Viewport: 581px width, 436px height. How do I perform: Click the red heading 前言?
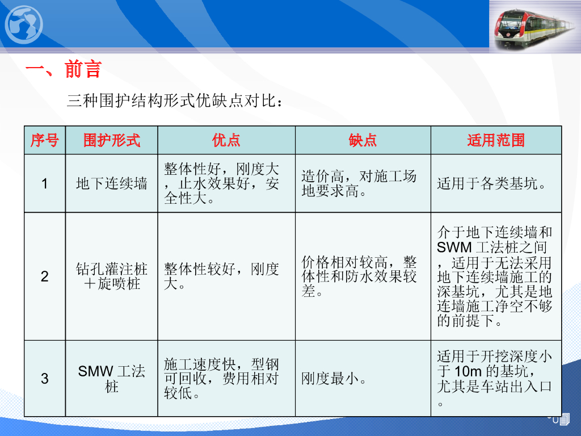coord(83,69)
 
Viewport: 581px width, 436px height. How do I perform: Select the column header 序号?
coord(44,140)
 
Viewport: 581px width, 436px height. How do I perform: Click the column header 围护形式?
coord(112,140)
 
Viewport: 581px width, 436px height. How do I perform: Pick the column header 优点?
coord(226,140)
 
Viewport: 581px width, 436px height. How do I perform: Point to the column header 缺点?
coord(363,140)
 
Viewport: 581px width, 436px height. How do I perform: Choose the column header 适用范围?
coord(496,140)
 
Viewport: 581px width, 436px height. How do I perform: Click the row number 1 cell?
coord(44,183)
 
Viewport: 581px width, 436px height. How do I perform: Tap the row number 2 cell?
coord(44,276)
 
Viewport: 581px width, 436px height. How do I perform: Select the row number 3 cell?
coord(44,379)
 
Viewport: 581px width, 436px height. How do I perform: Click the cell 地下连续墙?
coord(112,183)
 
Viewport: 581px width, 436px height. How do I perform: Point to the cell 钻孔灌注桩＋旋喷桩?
coord(112,276)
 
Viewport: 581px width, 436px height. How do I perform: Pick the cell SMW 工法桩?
coord(112,379)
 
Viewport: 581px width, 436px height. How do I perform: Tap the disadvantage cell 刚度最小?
coord(334,379)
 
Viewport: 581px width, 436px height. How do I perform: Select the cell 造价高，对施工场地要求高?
coord(359,183)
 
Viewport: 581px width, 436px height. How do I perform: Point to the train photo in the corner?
coord(535,26)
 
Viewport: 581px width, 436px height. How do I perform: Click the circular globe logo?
coord(24,25)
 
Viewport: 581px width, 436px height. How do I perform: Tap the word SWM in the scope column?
coord(454,247)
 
